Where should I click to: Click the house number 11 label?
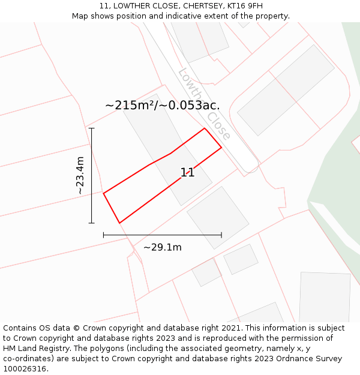187,173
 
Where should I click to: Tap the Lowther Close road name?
205,104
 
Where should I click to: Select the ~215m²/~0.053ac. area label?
162,106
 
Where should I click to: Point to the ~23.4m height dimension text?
80,175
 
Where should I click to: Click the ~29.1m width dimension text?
162,247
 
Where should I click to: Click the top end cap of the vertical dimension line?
91,128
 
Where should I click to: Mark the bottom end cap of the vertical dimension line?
91,223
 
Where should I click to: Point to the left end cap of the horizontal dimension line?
104,235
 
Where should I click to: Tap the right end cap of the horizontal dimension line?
221,235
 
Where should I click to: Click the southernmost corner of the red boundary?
119,223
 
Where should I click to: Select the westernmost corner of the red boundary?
104,193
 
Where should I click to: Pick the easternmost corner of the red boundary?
221,147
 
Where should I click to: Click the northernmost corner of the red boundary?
205,128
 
